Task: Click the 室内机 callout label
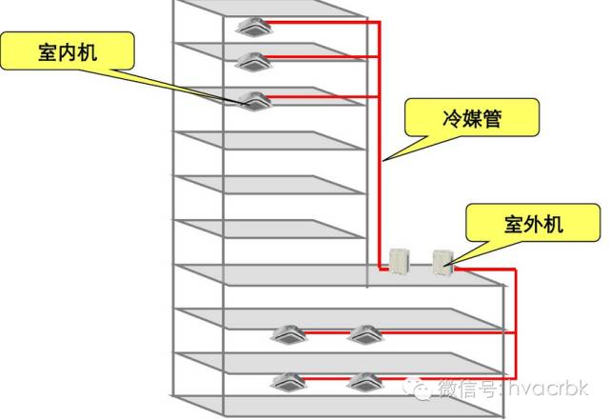point(68,51)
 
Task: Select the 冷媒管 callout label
point(472,117)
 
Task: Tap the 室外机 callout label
point(533,223)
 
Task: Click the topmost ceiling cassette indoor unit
point(253,27)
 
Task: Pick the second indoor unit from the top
point(252,62)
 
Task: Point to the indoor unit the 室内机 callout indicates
point(254,101)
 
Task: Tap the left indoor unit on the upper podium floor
point(288,335)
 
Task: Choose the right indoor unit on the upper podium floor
point(364,335)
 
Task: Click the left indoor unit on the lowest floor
point(288,382)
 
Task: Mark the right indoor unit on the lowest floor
point(364,382)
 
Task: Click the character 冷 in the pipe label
point(452,118)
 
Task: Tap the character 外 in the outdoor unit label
point(534,224)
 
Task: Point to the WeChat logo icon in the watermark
point(419,388)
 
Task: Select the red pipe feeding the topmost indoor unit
point(324,22)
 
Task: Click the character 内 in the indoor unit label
point(68,51)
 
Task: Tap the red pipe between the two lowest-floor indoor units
point(326,378)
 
